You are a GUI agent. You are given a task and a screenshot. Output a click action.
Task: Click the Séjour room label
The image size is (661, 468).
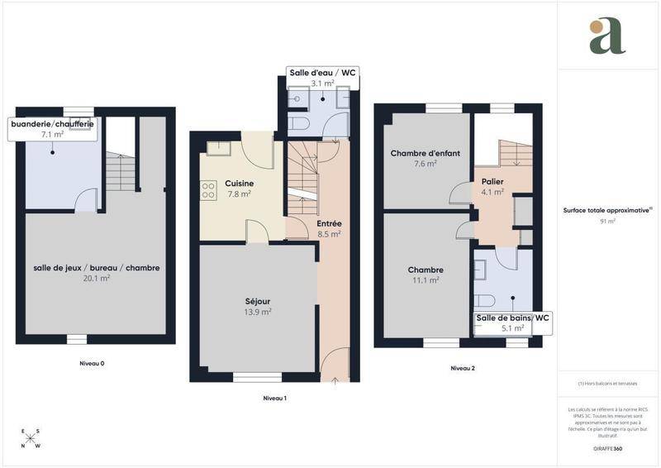tap(258, 300)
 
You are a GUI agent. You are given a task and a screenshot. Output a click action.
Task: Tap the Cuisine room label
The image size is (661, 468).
tap(239, 184)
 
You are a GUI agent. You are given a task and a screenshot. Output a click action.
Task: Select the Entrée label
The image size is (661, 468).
tap(329, 223)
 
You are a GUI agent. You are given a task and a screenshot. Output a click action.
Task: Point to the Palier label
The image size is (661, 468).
tap(492, 181)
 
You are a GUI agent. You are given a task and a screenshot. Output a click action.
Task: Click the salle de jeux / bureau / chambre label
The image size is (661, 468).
tap(97, 268)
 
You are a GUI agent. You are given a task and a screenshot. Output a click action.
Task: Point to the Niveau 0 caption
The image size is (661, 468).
tap(92, 364)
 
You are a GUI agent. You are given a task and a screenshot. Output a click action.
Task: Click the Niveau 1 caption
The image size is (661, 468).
tap(274, 399)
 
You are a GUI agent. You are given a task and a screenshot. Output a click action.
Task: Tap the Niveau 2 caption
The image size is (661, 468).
tap(463, 368)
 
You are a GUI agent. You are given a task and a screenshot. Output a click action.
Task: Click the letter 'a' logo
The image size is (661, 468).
tap(607, 36)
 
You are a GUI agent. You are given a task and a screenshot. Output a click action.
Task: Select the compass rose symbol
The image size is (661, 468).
tap(31, 438)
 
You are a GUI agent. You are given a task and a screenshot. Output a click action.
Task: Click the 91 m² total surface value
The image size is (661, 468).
tap(608, 222)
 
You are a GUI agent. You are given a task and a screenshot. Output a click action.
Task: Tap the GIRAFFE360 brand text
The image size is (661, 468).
tap(607, 449)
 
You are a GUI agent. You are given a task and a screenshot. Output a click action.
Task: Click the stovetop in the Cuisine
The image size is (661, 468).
tap(207, 191)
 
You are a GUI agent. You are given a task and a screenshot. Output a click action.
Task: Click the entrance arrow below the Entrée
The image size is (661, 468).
tap(335, 381)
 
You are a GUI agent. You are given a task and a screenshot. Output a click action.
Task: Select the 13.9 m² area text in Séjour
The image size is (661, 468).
tap(258, 312)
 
